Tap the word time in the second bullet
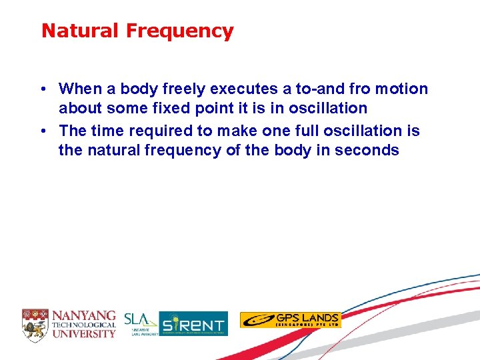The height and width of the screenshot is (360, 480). tap(106, 131)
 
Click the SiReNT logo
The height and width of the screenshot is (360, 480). tap(193, 324)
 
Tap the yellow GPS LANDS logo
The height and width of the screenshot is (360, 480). tap(290, 320)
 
